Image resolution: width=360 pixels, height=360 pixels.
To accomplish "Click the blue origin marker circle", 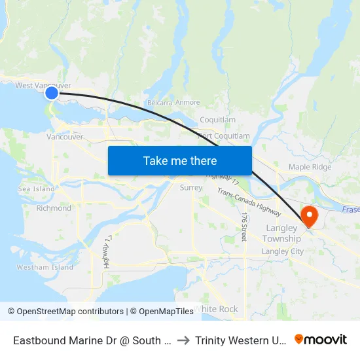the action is [x=52, y=94].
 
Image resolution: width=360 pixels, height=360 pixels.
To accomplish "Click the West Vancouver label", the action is [x=43, y=86].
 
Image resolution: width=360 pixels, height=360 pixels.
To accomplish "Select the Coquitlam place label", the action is [x=217, y=120].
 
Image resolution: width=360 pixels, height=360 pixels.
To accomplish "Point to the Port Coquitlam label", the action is [x=224, y=136].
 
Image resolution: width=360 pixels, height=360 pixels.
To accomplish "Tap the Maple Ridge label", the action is [x=310, y=167].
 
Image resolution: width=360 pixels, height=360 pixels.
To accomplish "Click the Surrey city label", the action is [x=191, y=188].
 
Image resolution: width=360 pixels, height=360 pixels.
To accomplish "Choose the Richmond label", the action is [x=54, y=208].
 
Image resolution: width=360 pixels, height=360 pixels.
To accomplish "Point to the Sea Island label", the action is [x=37, y=189].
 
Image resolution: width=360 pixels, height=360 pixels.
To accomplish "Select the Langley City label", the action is [x=283, y=251].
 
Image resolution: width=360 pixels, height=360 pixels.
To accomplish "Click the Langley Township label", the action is [x=283, y=234].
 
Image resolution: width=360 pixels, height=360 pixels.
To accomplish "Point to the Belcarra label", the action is [x=160, y=103].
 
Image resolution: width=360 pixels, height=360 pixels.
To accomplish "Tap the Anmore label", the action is [x=188, y=103].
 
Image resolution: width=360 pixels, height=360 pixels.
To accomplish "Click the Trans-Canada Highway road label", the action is [x=249, y=202].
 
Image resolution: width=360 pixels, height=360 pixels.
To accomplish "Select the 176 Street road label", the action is [x=243, y=226].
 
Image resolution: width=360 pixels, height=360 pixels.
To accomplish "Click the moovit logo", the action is [x=321, y=340].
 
